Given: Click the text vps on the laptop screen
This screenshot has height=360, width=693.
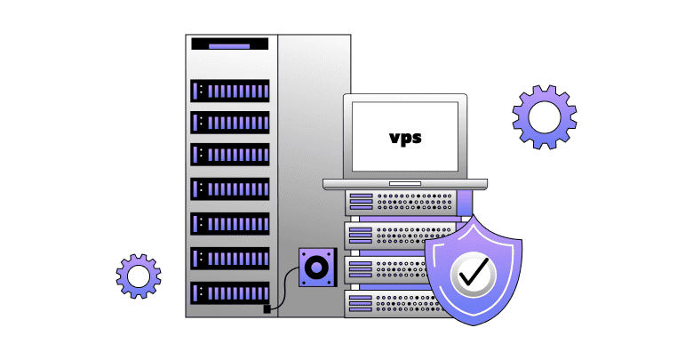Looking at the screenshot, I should pyautogui.click(x=405, y=138).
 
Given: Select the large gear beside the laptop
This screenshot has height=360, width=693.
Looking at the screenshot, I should pyautogui.click(x=544, y=116).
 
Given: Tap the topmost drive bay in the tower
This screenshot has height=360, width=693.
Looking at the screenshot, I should pyautogui.click(x=230, y=91).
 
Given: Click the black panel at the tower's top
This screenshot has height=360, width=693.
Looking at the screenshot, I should pyautogui.click(x=230, y=44).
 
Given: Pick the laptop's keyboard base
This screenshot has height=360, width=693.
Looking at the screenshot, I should pyautogui.click(x=404, y=184).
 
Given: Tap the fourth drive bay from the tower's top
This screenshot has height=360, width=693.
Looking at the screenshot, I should pyautogui.click(x=230, y=188).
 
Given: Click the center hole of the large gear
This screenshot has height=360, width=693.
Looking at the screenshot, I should pyautogui.click(x=544, y=116).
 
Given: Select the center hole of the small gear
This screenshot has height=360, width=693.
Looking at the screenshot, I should pyautogui.click(x=139, y=277).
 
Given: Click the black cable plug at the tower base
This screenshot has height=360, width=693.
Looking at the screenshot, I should pyautogui.click(x=267, y=309).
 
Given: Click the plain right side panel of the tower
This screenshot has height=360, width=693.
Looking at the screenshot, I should pyautogui.click(x=311, y=133).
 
